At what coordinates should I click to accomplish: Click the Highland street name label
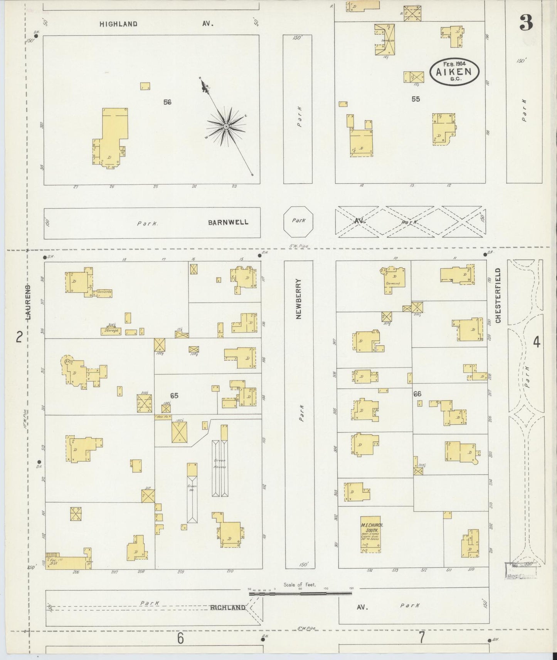click(x=118, y=24)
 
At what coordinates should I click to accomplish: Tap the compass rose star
click(x=226, y=126)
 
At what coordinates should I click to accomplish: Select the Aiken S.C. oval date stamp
click(x=454, y=72)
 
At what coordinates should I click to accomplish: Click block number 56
click(x=167, y=102)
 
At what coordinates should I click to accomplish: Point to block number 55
click(x=416, y=99)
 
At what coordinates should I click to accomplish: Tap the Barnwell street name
click(x=229, y=223)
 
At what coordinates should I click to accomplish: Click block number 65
click(x=174, y=395)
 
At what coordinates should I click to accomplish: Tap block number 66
click(x=417, y=394)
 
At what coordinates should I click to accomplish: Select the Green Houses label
click(x=220, y=463)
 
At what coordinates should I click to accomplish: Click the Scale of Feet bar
click(x=300, y=594)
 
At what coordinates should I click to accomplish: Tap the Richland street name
click(x=228, y=608)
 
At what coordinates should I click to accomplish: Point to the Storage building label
click(x=111, y=330)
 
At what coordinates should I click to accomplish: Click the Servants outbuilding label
click(x=104, y=292)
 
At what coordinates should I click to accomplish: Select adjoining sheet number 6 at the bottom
click(x=180, y=638)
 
